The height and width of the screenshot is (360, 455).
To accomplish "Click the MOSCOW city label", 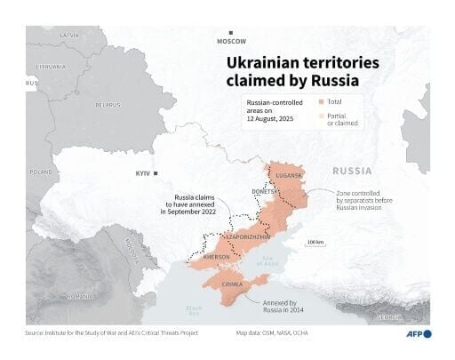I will [232, 41].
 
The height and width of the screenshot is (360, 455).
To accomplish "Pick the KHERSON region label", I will [217, 258].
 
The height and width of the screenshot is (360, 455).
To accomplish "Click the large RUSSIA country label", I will [353, 170].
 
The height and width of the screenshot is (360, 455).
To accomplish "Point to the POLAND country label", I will [40, 172].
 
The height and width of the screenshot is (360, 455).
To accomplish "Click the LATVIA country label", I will [69, 35].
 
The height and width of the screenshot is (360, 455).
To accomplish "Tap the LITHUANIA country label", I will [50, 67].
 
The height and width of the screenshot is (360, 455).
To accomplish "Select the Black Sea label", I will [194, 309].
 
